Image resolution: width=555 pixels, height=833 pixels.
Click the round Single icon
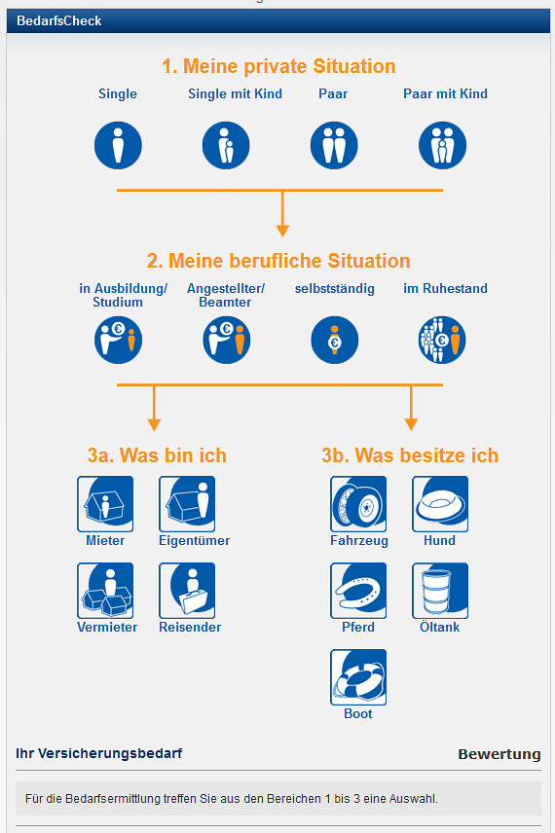(x=118, y=145)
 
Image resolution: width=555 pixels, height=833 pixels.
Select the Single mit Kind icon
(x=226, y=145)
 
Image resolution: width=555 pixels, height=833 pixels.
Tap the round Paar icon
(x=334, y=145)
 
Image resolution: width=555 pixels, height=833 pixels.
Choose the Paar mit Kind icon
(x=442, y=145)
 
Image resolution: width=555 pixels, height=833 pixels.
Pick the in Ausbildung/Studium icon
(x=118, y=340)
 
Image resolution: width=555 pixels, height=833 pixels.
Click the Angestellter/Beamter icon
(x=227, y=340)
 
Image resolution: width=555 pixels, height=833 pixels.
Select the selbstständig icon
(x=334, y=340)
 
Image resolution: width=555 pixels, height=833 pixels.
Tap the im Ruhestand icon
(x=442, y=340)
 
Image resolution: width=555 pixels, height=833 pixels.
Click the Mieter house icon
(x=105, y=504)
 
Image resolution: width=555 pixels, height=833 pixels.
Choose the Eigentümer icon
(x=187, y=504)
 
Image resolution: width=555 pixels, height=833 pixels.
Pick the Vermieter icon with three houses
(x=105, y=591)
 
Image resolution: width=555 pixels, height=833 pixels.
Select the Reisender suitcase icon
(x=187, y=591)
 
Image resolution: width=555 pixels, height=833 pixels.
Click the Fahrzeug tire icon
(x=358, y=504)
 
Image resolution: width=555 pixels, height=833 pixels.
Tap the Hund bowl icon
(x=440, y=504)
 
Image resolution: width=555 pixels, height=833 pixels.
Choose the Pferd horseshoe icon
(x=358, y=591)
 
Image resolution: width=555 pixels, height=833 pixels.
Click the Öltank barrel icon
(x=440, y=591)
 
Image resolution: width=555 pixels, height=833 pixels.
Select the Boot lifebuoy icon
(x=358, y=677)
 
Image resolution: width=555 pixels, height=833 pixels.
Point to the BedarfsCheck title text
(x=59, y=20)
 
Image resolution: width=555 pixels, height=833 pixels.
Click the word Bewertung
(x=499, y=754)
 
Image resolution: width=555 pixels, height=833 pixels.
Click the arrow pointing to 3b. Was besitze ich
(x=411, y=408)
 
